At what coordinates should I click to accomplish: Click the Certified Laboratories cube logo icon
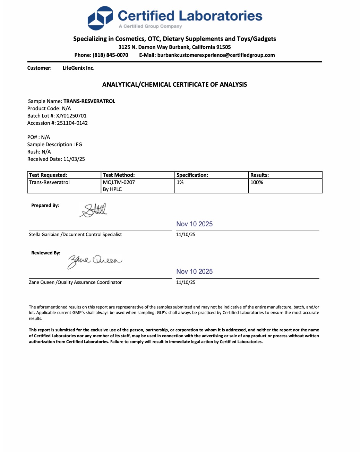click(100, 18)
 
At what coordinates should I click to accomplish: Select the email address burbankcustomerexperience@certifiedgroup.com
click(216, 55)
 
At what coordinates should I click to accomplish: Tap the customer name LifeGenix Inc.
click(78, 68)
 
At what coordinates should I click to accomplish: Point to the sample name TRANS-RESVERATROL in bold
click(89, 101)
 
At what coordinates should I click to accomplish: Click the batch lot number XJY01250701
click(71, 116)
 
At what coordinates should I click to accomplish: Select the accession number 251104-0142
click(72, 123)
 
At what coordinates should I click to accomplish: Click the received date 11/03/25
click(74, 159)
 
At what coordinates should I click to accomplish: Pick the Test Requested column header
click(48, 175)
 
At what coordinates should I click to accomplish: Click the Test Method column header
click(119, 175)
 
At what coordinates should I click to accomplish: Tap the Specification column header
click(192, 175)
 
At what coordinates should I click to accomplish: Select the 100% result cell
click(257, 182)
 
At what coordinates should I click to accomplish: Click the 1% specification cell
click(180, 182)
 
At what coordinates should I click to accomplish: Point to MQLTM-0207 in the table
click(119, 182)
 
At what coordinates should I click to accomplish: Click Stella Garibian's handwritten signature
click(94, 210)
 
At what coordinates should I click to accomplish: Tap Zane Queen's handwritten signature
click(94, 261)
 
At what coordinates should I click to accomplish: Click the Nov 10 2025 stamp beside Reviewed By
click(194, 271)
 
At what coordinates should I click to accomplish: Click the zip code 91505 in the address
click(223, 47)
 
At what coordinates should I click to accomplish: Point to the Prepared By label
click(45, 206)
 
